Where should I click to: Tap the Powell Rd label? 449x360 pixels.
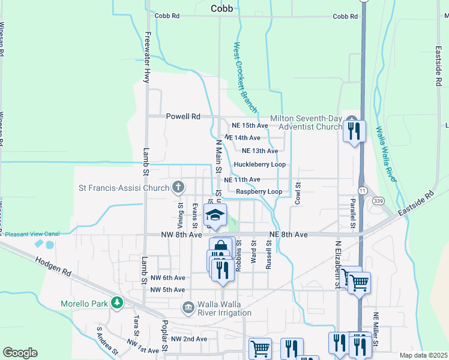183,117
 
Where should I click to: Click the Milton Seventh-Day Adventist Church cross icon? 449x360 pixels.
351,120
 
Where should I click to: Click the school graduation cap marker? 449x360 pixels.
215,215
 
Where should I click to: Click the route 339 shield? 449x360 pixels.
378,200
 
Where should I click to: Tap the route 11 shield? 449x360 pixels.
362,190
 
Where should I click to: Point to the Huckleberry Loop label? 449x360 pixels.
259,164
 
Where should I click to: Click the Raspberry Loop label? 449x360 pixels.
259,191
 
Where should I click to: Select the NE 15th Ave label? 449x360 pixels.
250,125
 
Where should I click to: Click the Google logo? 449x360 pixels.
20,352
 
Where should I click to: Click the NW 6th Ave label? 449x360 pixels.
167,278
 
